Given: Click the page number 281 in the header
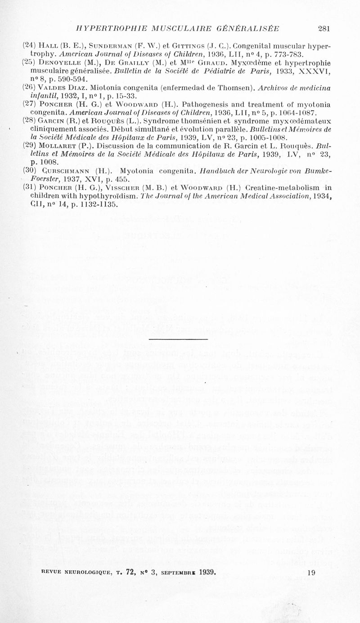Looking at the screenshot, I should [x=324, y=28].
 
